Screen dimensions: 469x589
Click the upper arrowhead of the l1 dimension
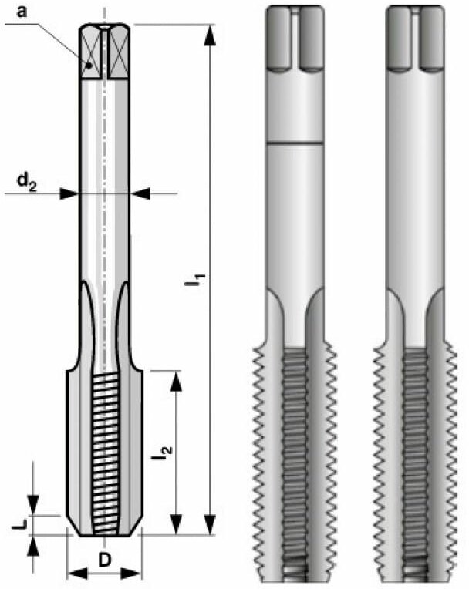point(209,32)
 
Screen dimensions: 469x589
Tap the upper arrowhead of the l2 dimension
point(177,379)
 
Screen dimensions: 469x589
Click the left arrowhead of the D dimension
point(73,573)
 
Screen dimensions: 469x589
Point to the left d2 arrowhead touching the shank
point(70,194)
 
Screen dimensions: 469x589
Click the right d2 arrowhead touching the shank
point(140,194)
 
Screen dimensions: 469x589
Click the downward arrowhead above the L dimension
point(32,506)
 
